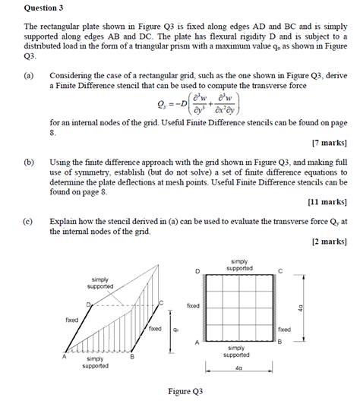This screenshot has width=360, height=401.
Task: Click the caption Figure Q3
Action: (x=185, y=391)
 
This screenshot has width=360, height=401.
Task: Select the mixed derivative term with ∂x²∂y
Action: (x=219, y=106)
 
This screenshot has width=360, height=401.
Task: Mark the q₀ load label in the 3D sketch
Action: (x=175, y=330)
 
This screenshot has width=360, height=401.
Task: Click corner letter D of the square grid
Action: (x=197, y=271)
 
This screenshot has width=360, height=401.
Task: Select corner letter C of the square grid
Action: (x=279, y=271)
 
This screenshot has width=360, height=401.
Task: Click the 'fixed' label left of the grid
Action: (x=193, y=305)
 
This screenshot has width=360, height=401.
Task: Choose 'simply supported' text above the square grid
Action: (x=239, y=264)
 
